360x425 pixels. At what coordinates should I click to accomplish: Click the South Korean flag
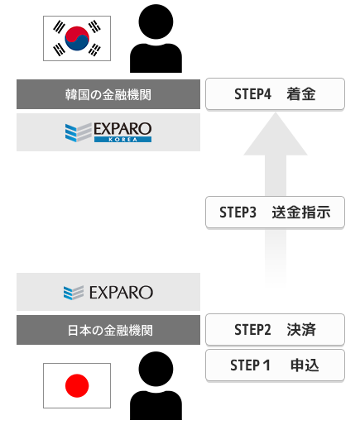coord(77,38)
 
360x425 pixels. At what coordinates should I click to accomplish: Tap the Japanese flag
coord(77,385)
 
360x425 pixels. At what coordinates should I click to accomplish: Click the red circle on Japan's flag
coord(77,385)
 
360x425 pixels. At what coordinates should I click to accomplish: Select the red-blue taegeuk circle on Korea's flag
coord(77,38)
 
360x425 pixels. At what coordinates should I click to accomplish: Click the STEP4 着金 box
coord(275,94)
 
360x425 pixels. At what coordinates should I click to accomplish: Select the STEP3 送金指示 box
coord(275,212)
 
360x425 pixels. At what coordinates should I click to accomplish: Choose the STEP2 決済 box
coord(275,329)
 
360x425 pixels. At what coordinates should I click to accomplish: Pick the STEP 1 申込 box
coord(275,365)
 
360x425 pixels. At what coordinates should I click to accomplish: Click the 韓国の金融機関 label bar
coord(108,94)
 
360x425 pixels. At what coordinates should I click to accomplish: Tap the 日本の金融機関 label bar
coord(108,330)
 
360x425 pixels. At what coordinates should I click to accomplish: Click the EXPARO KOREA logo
coord(108,132)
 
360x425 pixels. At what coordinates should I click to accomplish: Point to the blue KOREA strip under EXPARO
coord(122,140)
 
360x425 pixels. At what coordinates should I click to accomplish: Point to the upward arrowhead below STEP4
coord(276,134)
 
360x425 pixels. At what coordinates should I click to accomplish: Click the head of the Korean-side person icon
coord(156,21)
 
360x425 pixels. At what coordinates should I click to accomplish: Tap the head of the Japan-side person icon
coord(156,369)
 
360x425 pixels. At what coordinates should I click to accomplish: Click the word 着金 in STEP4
coord(301,94)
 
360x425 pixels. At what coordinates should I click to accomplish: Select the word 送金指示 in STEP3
coord(301,212)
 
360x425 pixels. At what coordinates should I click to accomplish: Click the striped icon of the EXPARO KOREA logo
coord(79,132)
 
